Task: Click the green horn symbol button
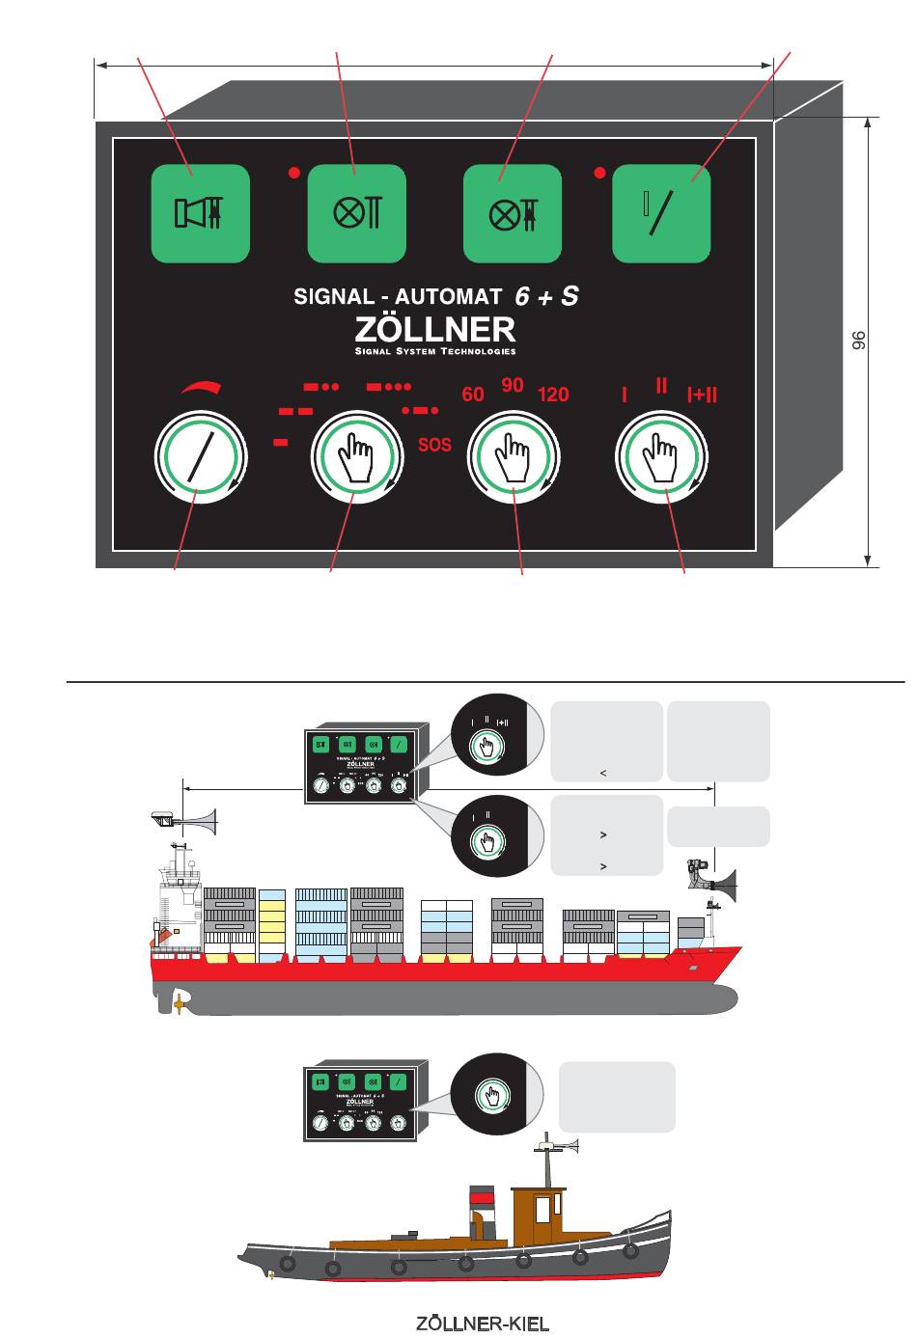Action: pyautogui.click(x=200, y=213)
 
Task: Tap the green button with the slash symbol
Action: pyautogui.click(x=661, y=213)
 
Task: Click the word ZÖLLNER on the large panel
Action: pyautogui.click(x=435, y=329)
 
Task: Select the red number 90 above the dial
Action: pyautogui.click(x=513, y=385)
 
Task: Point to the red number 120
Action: pyautogui.click(x=553, y=395)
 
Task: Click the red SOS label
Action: pyautogui.click(x=434, y=447)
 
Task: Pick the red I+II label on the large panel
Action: pyautogui.click(x=702, y=395)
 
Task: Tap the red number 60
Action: pyautogui.click(x=473, y=395)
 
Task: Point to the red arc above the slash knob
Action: pyautogui.click(x=201, y=387)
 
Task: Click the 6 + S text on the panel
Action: pyautogui.click(x=546, y=297)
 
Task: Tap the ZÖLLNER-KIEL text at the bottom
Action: pyautogui.click(x=483, y=1323)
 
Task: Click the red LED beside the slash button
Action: pyautogui.click(x=599, y=174)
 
